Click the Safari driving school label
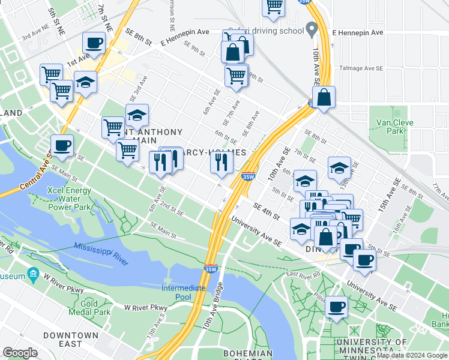[273, 30]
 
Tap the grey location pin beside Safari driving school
[312, 29]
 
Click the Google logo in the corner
[20, 353]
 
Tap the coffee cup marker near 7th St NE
[94, 44]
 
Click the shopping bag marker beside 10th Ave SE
[324, 98]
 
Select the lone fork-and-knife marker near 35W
[221, 162]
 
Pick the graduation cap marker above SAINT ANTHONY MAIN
[137, 115]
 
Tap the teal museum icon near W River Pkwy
[32, 276]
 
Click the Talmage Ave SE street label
[361, 68]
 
